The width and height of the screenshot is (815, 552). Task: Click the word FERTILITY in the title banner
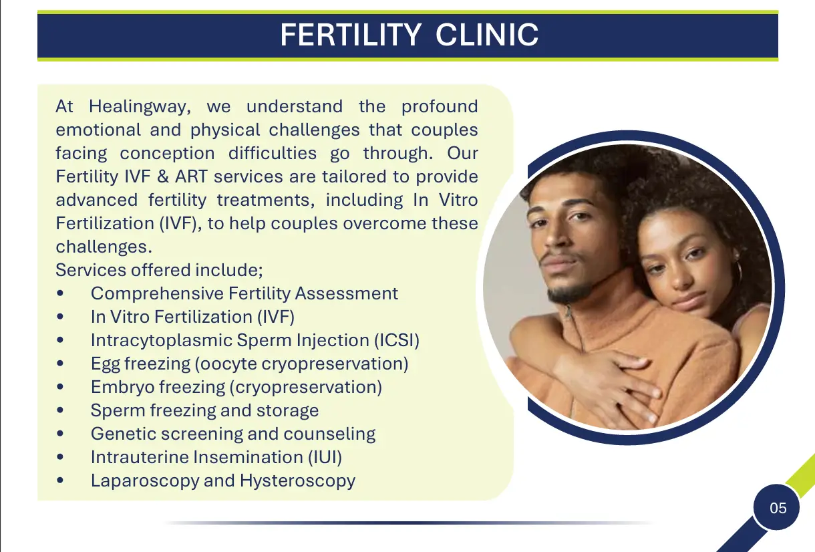351,35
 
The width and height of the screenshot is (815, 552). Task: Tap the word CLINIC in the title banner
487,35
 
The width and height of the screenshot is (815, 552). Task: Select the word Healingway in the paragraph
140,107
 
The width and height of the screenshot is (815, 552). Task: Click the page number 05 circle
776,508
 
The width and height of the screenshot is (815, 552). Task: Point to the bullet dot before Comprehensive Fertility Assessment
60,293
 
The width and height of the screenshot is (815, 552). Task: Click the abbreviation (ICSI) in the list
397,341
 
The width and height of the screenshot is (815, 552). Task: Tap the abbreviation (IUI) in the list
325,457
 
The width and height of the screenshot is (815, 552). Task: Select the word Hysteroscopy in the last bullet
298,481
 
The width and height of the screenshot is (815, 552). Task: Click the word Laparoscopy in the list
145,481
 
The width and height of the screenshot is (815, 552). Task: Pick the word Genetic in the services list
124,434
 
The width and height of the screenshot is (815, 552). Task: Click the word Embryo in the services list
123,387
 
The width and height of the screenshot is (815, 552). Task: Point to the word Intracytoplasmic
162,341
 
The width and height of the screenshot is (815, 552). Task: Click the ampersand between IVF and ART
162,177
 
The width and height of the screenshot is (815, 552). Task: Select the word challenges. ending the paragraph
104,247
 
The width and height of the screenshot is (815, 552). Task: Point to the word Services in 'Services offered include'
92,270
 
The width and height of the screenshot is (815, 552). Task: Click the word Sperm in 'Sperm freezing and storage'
118,411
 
